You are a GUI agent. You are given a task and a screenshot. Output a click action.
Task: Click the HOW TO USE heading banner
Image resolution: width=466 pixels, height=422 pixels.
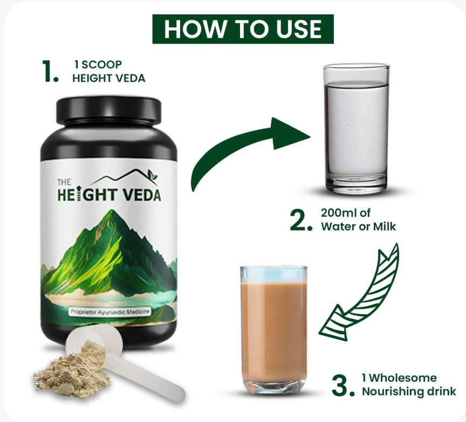point(243,29)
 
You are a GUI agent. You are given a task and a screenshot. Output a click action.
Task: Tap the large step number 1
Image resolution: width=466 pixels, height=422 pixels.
point(50,71)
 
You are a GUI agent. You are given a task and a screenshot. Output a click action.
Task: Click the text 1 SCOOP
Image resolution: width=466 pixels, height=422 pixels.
point(98,65)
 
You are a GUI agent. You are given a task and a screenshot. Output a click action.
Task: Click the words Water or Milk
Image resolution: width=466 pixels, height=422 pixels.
point(359,226)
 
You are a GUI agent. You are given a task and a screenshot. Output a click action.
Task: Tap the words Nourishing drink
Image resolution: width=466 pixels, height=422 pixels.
point(409,391)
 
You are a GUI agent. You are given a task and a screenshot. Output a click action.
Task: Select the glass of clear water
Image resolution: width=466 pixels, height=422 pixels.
point(357,129)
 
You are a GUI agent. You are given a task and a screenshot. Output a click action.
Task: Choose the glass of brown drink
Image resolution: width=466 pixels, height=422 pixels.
point(273,330)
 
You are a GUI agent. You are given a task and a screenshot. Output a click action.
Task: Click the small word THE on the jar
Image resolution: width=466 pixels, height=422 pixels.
point(64,182)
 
